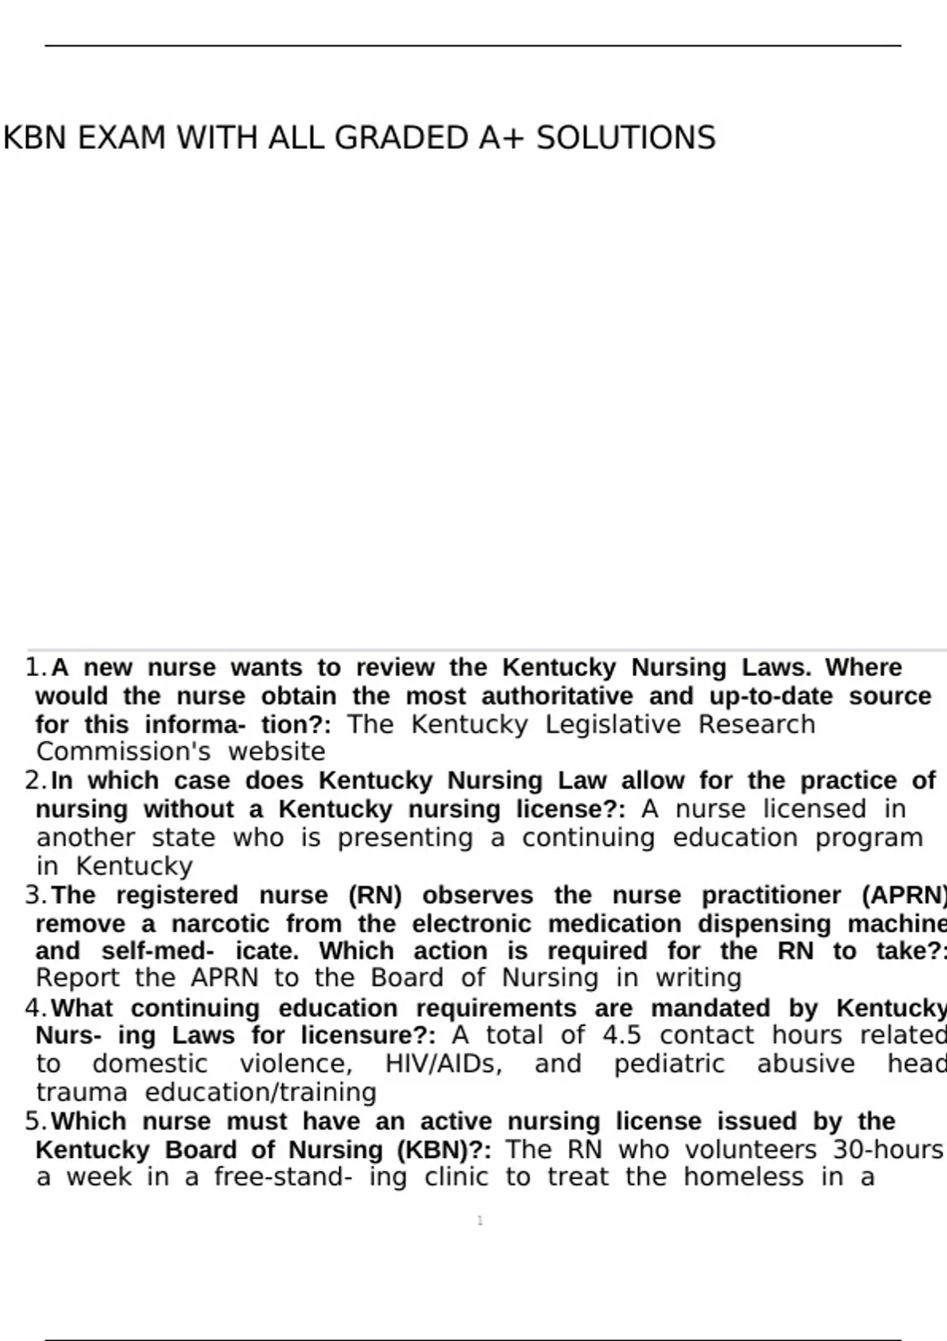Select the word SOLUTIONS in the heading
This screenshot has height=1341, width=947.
coord(626,138)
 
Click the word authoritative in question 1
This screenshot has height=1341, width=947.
coord(557,697)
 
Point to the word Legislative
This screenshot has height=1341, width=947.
coord(613,724)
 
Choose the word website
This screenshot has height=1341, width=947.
coord(276,752)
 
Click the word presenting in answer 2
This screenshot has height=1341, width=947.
coord(405,838)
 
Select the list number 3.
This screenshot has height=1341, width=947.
coord(35,895)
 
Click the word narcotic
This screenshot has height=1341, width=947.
coord(220,924)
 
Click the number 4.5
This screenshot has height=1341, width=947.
coord(622,1035)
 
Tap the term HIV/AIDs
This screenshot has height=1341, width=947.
coord(444,1063)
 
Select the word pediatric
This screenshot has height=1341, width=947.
coord(669,1063)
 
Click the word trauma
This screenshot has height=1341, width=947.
coord(81,1093)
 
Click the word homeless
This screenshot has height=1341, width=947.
coord(743,1178)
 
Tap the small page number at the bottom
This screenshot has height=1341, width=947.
coord(480,1221)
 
